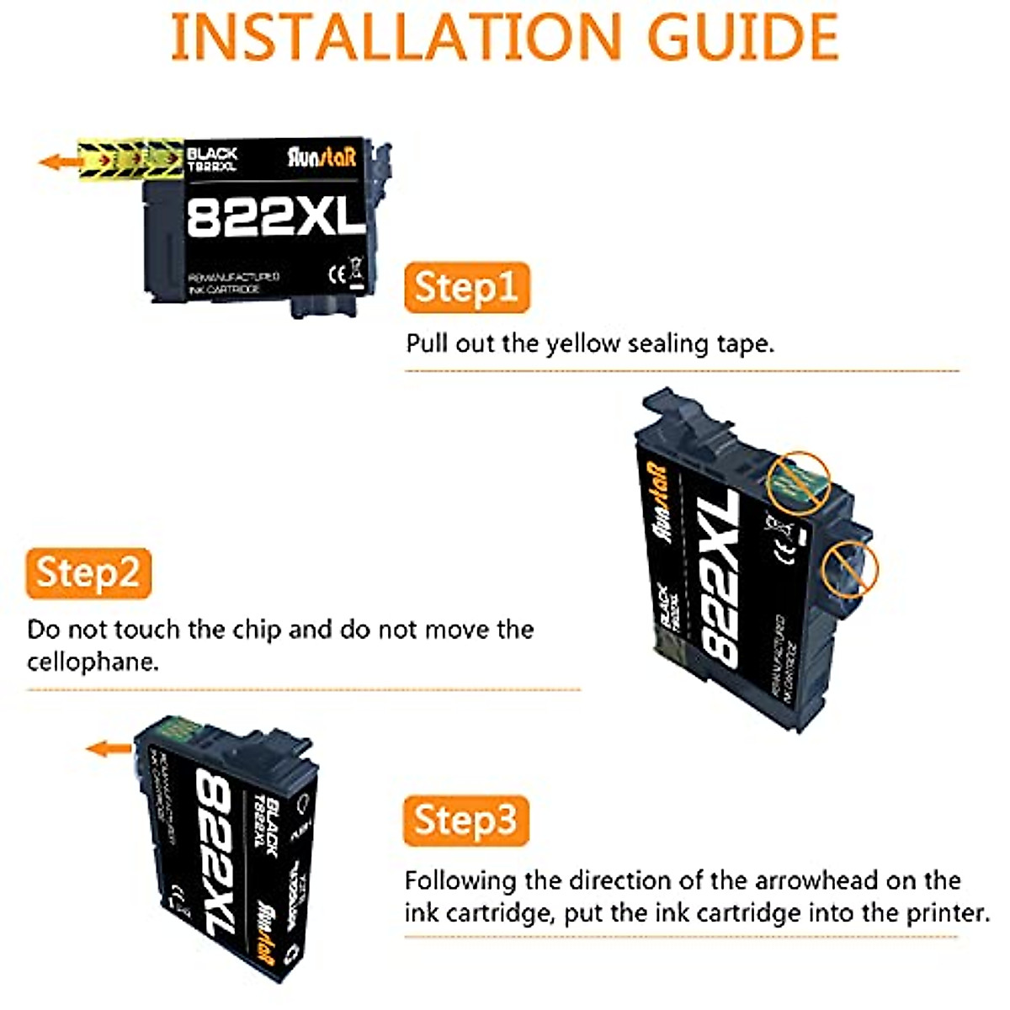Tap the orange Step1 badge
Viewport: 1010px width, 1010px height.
(466, 288)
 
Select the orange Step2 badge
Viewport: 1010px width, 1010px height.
(88, 573)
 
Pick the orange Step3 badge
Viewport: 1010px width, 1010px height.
(466, 821)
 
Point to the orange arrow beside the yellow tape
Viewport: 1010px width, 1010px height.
(57, 162)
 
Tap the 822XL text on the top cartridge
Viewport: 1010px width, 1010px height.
(275, 217)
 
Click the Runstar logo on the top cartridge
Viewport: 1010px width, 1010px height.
(322, 157)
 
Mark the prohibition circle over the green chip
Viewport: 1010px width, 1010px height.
(799, 481)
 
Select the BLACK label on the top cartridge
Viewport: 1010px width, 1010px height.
(212, 154)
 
